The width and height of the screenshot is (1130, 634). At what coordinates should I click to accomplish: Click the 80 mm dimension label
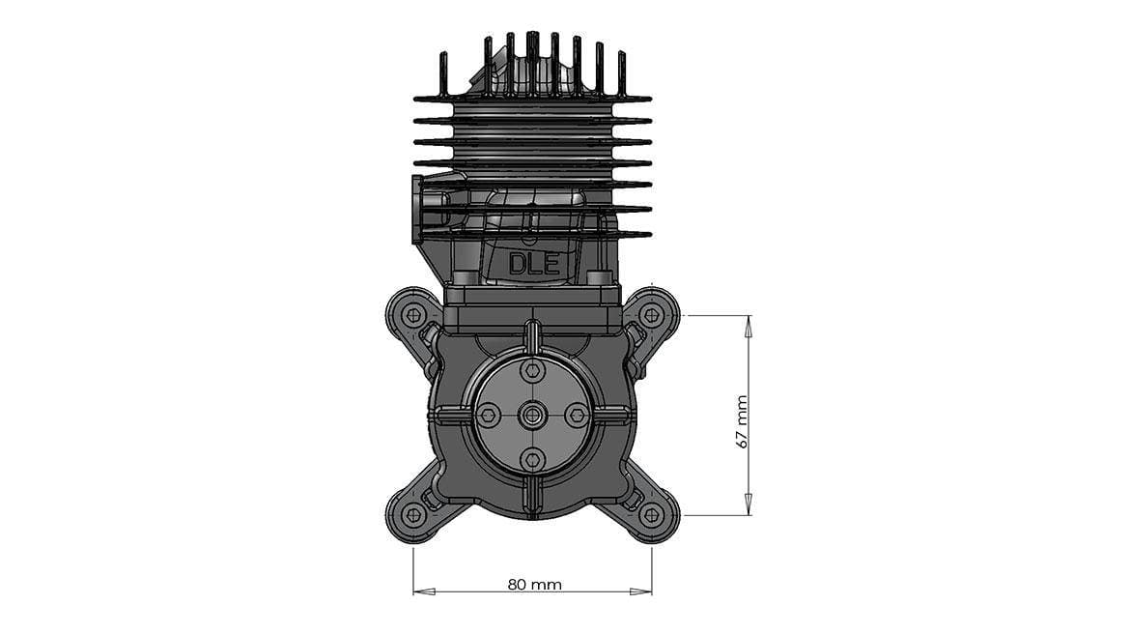click(534, 585)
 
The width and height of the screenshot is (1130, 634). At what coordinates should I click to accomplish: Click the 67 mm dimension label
click(742, 420)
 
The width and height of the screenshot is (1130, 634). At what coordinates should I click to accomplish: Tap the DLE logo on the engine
click(534, 264)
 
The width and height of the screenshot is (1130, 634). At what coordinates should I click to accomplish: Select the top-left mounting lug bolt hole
click(414, 315)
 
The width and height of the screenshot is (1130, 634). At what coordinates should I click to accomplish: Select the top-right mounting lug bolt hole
click(652, 315)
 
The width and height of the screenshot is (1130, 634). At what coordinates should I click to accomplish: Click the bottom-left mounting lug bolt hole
click(414, 515)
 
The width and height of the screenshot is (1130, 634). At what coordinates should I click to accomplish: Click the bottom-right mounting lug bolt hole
click(652, 515)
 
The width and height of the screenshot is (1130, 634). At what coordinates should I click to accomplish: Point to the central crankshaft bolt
click(532, 416)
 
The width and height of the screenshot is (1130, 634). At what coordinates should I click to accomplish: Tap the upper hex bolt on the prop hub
click(532, 370)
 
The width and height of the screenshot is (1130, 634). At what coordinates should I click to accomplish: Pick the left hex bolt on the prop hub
click(488, 416)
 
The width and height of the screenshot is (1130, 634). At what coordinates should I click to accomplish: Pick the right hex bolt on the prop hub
click(577, 416)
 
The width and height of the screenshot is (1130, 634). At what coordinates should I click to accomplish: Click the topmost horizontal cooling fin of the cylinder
click(533, 99)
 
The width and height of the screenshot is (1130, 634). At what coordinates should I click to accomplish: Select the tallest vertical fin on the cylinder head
click(532, 58)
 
